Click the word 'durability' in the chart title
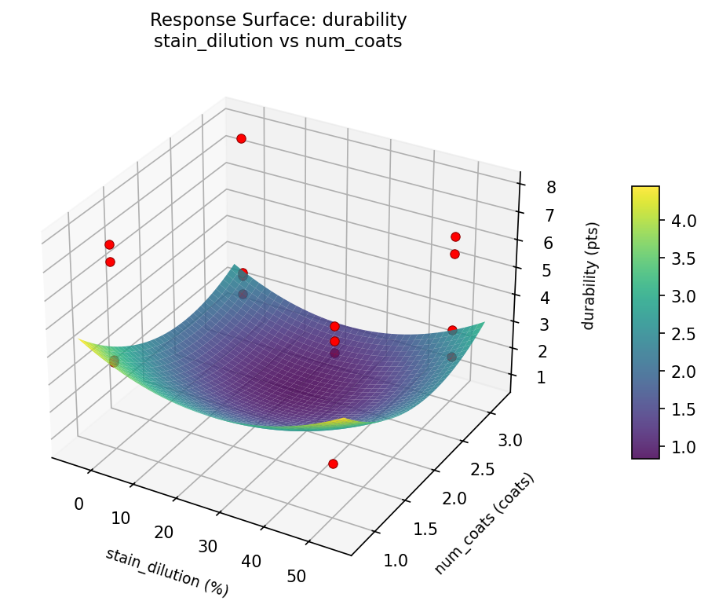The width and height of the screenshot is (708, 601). [x=367, y=20]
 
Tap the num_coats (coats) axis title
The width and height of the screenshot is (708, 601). [x=485, y=523]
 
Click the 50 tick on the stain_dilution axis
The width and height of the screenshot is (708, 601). [x=297, y=577]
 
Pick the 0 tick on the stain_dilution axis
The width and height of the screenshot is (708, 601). [x=78, y=504]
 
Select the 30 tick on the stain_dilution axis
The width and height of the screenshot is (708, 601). [x=208, y=547]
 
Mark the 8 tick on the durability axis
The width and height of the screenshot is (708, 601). [x=552, y=187]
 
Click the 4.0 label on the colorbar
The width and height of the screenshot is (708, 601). [x=682, y=222]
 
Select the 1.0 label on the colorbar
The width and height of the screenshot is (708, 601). [x=682, y=447]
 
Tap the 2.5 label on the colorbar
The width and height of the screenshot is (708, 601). [x=682, y=335]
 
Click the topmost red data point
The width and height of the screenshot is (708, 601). [x=241, y=138]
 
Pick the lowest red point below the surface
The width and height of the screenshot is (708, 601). [x=333, y=464]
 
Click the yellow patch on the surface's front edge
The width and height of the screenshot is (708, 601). [x=342, y=423]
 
